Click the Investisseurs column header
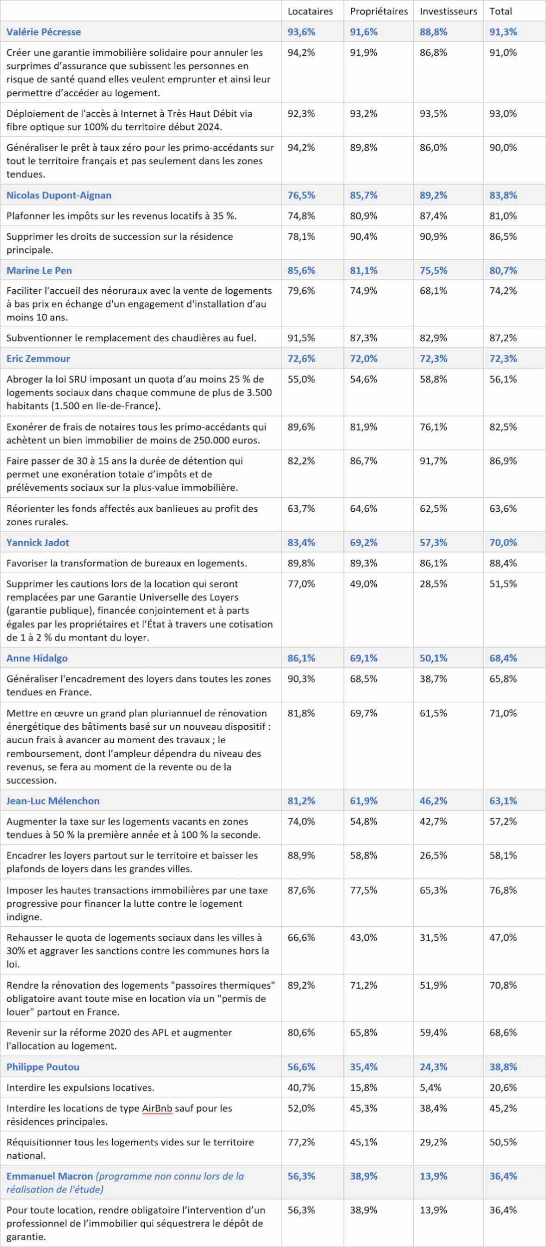pos(448,11)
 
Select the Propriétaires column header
pos(378,11)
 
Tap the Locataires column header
pos(310,11)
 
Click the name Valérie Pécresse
pos(43,32)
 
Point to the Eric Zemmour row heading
pos(38,358)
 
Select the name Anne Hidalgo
pos(37,658)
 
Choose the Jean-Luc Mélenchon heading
pos(53,801)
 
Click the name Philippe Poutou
pos(43,1067)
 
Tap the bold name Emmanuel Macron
pos(49,1176)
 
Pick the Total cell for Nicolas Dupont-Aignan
pos(503,195)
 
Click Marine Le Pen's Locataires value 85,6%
pos(301,270)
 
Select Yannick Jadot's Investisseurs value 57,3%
pos(433,542)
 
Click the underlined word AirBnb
pos(157,1108)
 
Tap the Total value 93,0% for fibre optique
pos(503,113)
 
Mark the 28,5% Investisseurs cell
pos(433,584)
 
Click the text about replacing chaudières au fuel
pos(131,338)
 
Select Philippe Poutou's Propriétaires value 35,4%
pos(363,1067)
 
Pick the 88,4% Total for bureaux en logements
pos(503,563)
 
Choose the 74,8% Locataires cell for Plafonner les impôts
pos(301,216)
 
